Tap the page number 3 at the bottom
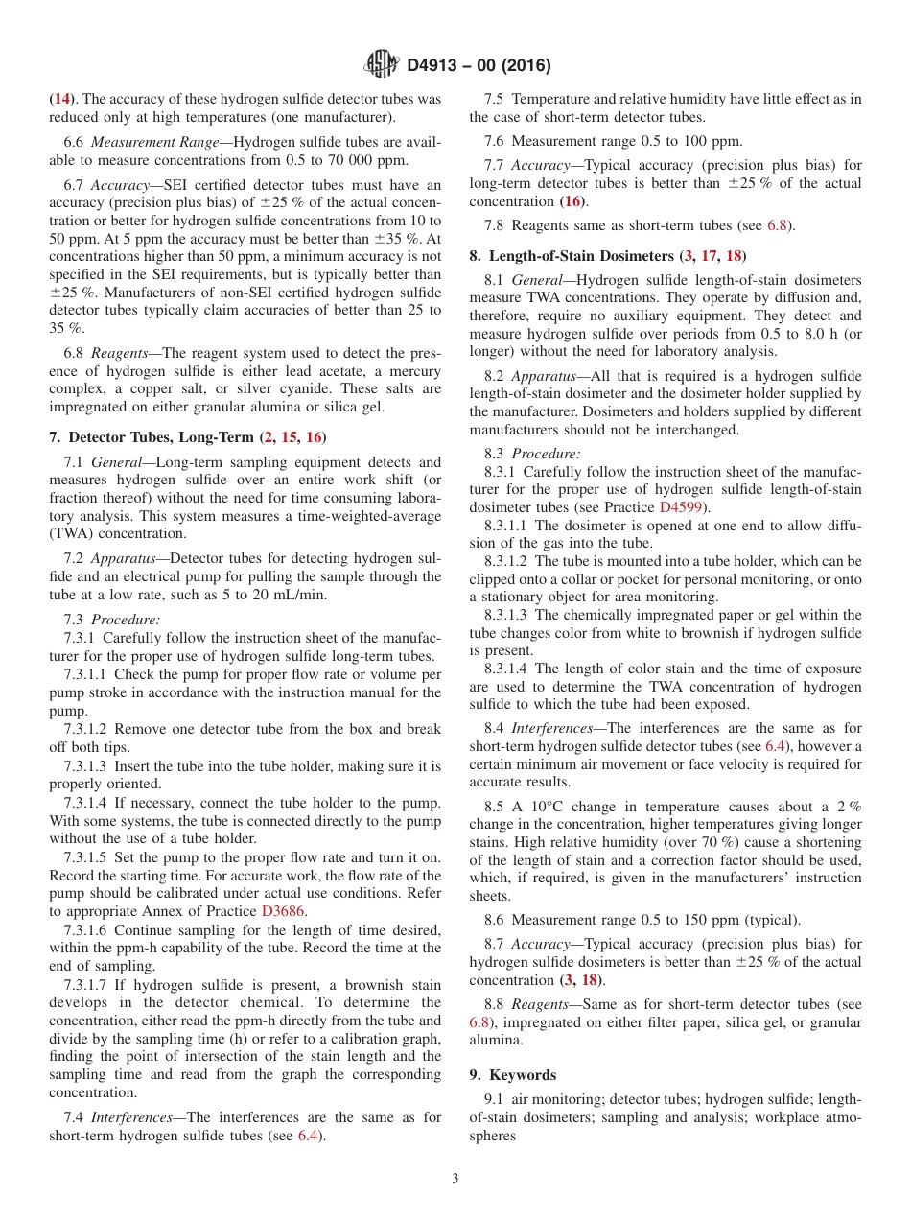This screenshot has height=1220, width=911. click(x=455, y=1179)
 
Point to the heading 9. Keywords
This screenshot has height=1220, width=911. click(x=512, y=1075)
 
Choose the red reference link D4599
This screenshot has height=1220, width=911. click(x=681, y=506)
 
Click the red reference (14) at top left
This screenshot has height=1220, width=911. click(x=60, y=99)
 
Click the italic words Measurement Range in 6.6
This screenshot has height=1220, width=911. click(x=140, y=143)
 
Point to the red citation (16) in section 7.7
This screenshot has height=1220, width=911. click(x=572, y=201)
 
